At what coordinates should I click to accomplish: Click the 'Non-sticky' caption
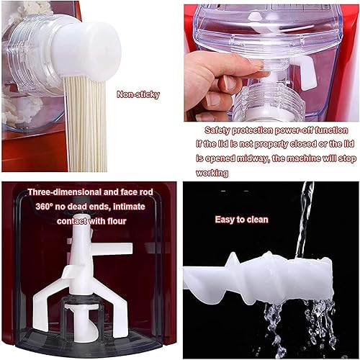[138, 94]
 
